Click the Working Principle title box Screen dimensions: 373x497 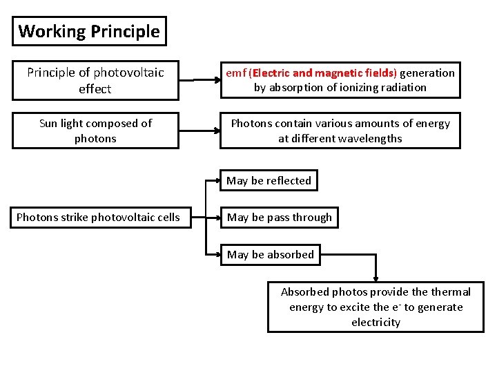pos(89,31)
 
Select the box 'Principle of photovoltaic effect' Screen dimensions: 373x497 pos(95,81)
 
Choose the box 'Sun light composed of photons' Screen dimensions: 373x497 pos(95,131)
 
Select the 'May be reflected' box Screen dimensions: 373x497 pos(269,181)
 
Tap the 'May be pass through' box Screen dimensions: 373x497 pos(279,218)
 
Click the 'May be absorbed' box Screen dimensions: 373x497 pos(270,255)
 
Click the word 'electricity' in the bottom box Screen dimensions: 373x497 pos(376,322)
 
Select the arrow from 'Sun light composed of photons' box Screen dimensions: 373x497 pos(199,130)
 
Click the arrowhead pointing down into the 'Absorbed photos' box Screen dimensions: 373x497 pos(376,277)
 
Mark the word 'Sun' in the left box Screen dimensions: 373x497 pos(48,124)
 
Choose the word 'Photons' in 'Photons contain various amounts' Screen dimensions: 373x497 pos(251,124)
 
